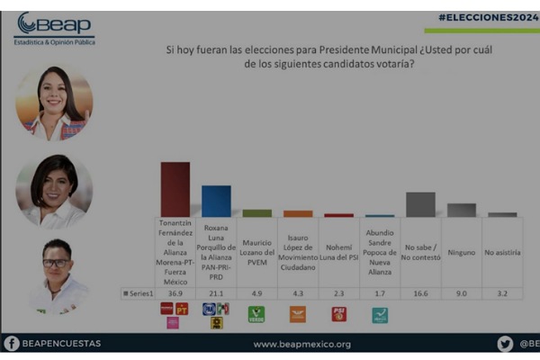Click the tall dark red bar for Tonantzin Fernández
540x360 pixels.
point(175,189)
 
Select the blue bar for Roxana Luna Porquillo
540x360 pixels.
point(216,201)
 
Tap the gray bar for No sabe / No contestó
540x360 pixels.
point(420,204)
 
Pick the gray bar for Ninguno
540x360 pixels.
point(462,210)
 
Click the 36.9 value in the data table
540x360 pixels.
point(175,292)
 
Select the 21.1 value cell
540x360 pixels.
point(216,292)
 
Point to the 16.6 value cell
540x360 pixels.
point(420,292)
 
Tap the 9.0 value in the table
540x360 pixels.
point(462,292)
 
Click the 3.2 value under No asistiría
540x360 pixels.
point(502,292)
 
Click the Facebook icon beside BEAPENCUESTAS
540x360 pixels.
point(12,343)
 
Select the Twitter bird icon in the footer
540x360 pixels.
point(505,343)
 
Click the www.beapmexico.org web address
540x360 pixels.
point(301,344)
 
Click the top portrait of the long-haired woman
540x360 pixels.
point(54,104)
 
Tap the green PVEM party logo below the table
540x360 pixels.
point(256,314)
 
